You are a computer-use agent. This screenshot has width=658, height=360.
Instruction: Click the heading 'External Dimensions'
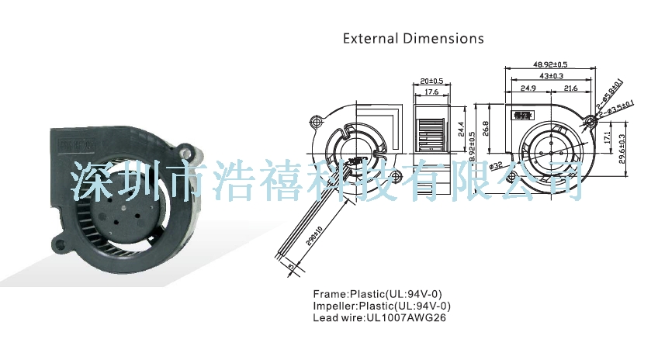(414, 38)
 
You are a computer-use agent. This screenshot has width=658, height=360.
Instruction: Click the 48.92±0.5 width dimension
(550, 64)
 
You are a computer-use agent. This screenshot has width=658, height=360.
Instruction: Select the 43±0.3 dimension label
(552, 76)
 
